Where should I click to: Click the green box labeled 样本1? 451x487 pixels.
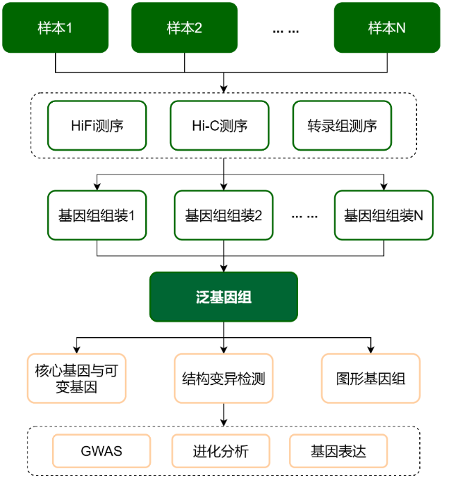(x=55, y=27)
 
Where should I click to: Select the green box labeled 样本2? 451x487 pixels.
(x=185, y=27)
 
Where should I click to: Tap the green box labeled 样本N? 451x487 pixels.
(x=386, y=27)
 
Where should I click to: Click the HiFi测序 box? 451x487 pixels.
(x=97, y=126)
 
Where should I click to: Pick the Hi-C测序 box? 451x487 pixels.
(x=220, y=126)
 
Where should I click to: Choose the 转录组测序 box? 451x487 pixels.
(x=342, y=126)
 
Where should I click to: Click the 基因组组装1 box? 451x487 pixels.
(x=97, y=215)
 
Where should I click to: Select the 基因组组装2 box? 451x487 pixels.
(x=223, y=215)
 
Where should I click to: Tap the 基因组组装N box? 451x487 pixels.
(x=383, y=215)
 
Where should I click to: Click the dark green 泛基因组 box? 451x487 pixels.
(x=223, y=297)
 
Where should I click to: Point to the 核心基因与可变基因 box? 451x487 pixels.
(x=76, y=378)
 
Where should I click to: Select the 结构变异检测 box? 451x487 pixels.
(x=223, y=378)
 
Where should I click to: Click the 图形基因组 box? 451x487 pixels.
(x=371, y=378)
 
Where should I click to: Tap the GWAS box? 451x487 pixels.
(x=101, y=451)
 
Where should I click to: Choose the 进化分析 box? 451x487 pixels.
(x=221, y=451)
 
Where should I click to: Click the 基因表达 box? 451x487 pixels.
(x=338, y=451)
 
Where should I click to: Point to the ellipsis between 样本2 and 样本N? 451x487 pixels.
(x=285, y=30)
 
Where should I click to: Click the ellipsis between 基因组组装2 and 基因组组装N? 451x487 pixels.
(x=304, y=216)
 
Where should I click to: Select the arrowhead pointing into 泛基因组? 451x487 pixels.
(x=223, y=268)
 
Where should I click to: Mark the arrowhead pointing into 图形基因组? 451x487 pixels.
(x=371, y=349)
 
